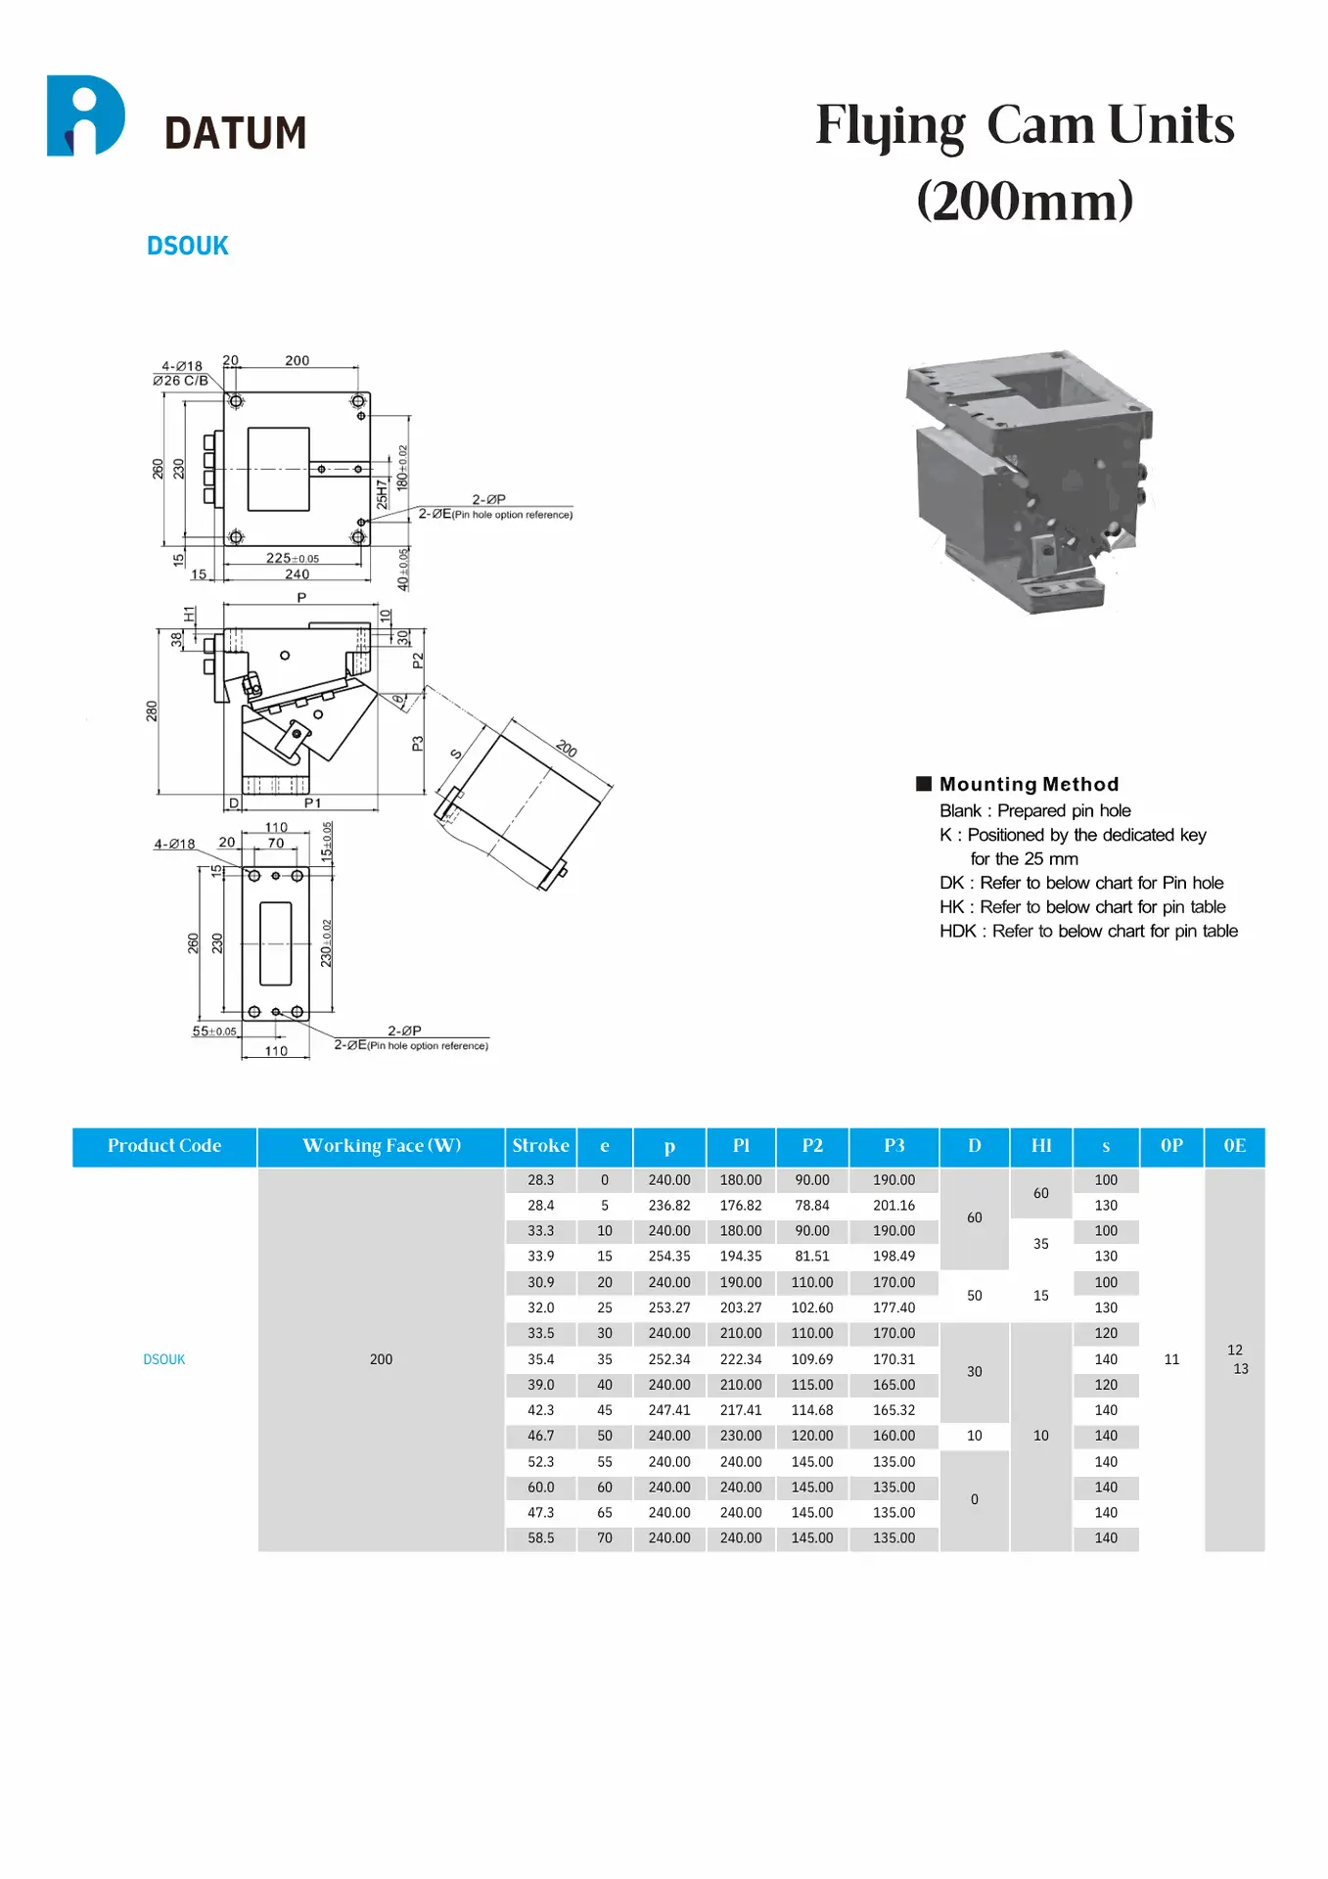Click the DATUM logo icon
click(x=86, y=115)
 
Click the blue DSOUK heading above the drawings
click(x=187, y=246)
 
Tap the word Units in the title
click(x=1170, y=125)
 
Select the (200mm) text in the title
click(x=1025, y=201)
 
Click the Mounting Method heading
click(x=1028, y=784)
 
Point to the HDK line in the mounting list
click(x=1087, y=931)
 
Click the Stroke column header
click(x=540, y=1146)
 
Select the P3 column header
click(x=893, y=1146)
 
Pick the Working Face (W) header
click(x=381, y=1146)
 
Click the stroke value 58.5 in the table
click(x=540, y=1538)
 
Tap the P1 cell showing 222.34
click(x=741, y=1359)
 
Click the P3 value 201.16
click(x=893, y=1206)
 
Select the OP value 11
click(x=1171, y=1359)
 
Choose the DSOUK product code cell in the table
click(x=164, y=1359)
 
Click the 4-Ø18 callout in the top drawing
click(x=182, y=366)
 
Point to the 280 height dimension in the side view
click(x=152, y=710)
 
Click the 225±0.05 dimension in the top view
click(x=292, y=558)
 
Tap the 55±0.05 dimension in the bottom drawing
click(x=213, y=1031)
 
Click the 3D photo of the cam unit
click(x=1028, y=480)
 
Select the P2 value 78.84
click(x=811, y=1206)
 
